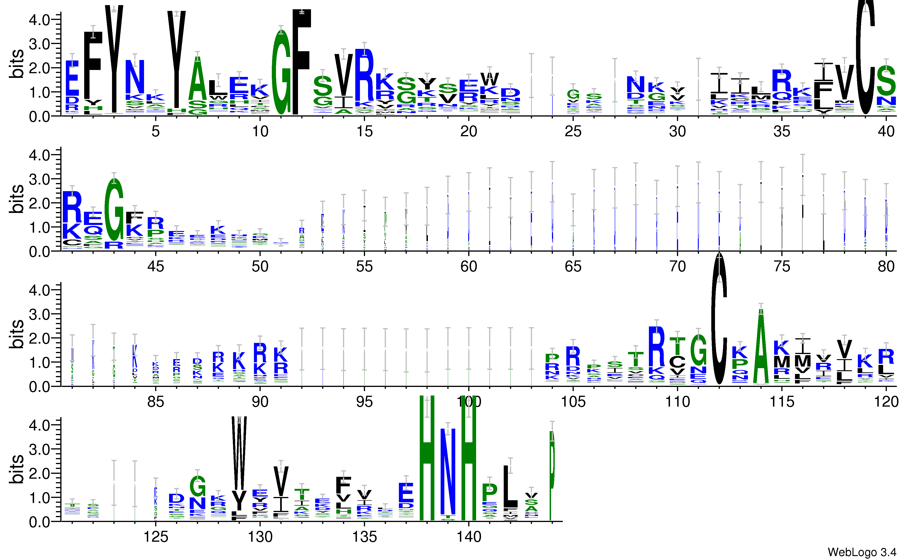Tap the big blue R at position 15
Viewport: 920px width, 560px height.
[x=364, y=75]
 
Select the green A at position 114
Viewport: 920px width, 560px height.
[x=761, y=347]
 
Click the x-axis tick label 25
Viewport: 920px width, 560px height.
[x=573, y=131]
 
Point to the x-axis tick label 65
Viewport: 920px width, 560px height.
[x=573, y=266]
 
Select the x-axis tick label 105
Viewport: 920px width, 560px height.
[x=573, y=402]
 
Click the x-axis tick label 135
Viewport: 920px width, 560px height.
[x=364, y=537]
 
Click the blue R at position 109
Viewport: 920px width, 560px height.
[x=656, y=347]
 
